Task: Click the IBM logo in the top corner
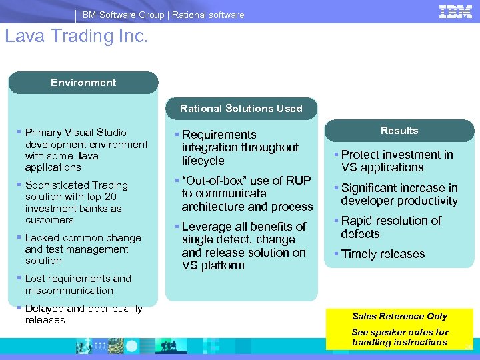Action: click(456, 11)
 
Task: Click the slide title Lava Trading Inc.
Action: click(76, 36)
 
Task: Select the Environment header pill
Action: click(83, 83)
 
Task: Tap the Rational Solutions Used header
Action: click(241, 108)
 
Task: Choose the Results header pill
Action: click(399, 131)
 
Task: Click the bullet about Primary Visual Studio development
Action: click(85, 150)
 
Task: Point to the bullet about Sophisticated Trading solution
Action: click(76, 202)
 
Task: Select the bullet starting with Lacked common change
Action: click(83, 249)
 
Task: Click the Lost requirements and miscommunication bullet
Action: click(78, 284)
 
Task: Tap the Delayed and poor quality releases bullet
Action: click(83, 314)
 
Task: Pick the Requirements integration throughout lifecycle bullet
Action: click(239, 147)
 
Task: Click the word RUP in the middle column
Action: click(299, 181)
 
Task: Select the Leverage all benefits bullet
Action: click(243, 246)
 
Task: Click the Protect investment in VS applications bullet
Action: click(397, 161)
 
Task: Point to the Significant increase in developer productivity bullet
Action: click(399, 194)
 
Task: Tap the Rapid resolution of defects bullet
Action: click(391, 227)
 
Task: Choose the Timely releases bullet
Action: click(383, 254)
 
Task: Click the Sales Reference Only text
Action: click(399, 316)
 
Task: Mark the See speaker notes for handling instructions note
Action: click(399, 337)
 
